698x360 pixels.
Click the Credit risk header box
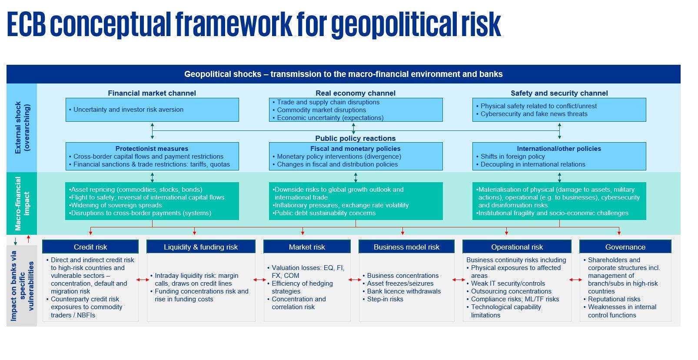90,247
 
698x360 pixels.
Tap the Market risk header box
307,247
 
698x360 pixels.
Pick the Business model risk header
406,247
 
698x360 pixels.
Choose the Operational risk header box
517,247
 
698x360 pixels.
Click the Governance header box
625,247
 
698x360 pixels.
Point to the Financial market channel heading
152,93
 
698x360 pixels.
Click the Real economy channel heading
356,93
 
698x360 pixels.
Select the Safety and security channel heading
559,93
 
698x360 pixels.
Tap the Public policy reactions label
356,138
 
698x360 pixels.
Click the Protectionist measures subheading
152,149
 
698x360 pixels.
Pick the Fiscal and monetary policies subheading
356,149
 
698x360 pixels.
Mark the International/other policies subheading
559,149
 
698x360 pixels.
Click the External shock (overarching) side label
22,127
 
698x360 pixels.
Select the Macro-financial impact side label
22,203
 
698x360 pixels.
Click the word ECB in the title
27,24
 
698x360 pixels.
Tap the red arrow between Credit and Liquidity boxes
143,280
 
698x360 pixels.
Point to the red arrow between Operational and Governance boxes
575,280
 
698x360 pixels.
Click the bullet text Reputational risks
614,299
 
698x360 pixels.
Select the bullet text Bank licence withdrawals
404,291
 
